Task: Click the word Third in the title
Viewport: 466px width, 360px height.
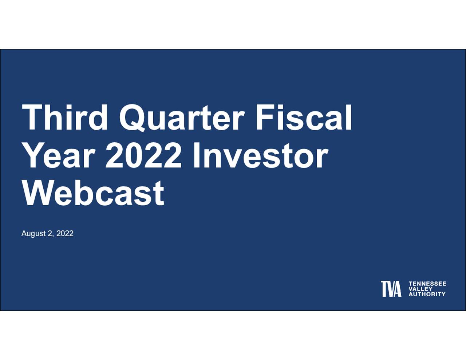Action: (x=64, y=117)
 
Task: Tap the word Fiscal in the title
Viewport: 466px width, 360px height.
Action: (x=304, y=117)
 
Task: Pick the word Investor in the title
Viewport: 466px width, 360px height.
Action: (x=260, y=155)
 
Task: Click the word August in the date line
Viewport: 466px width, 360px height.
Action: (x=34, y=234)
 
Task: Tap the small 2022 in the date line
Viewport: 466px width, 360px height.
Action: (x=65, y=233)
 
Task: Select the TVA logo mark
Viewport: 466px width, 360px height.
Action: (x=391, y=289)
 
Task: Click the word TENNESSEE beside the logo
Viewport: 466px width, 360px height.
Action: (x=427, y=284)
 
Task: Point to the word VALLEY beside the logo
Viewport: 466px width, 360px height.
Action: (x=420, y=289)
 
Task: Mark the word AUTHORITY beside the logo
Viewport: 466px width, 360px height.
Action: (x=427, y=294)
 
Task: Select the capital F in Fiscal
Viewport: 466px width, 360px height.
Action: (x=265, y=118)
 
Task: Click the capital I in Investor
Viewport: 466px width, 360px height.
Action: (x=196, y=155)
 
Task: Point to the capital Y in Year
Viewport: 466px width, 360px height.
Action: (x=34, y=155)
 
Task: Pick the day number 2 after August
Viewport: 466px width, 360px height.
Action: (x=50, y=233)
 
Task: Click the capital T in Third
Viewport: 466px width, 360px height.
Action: (x=32, y=118)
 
